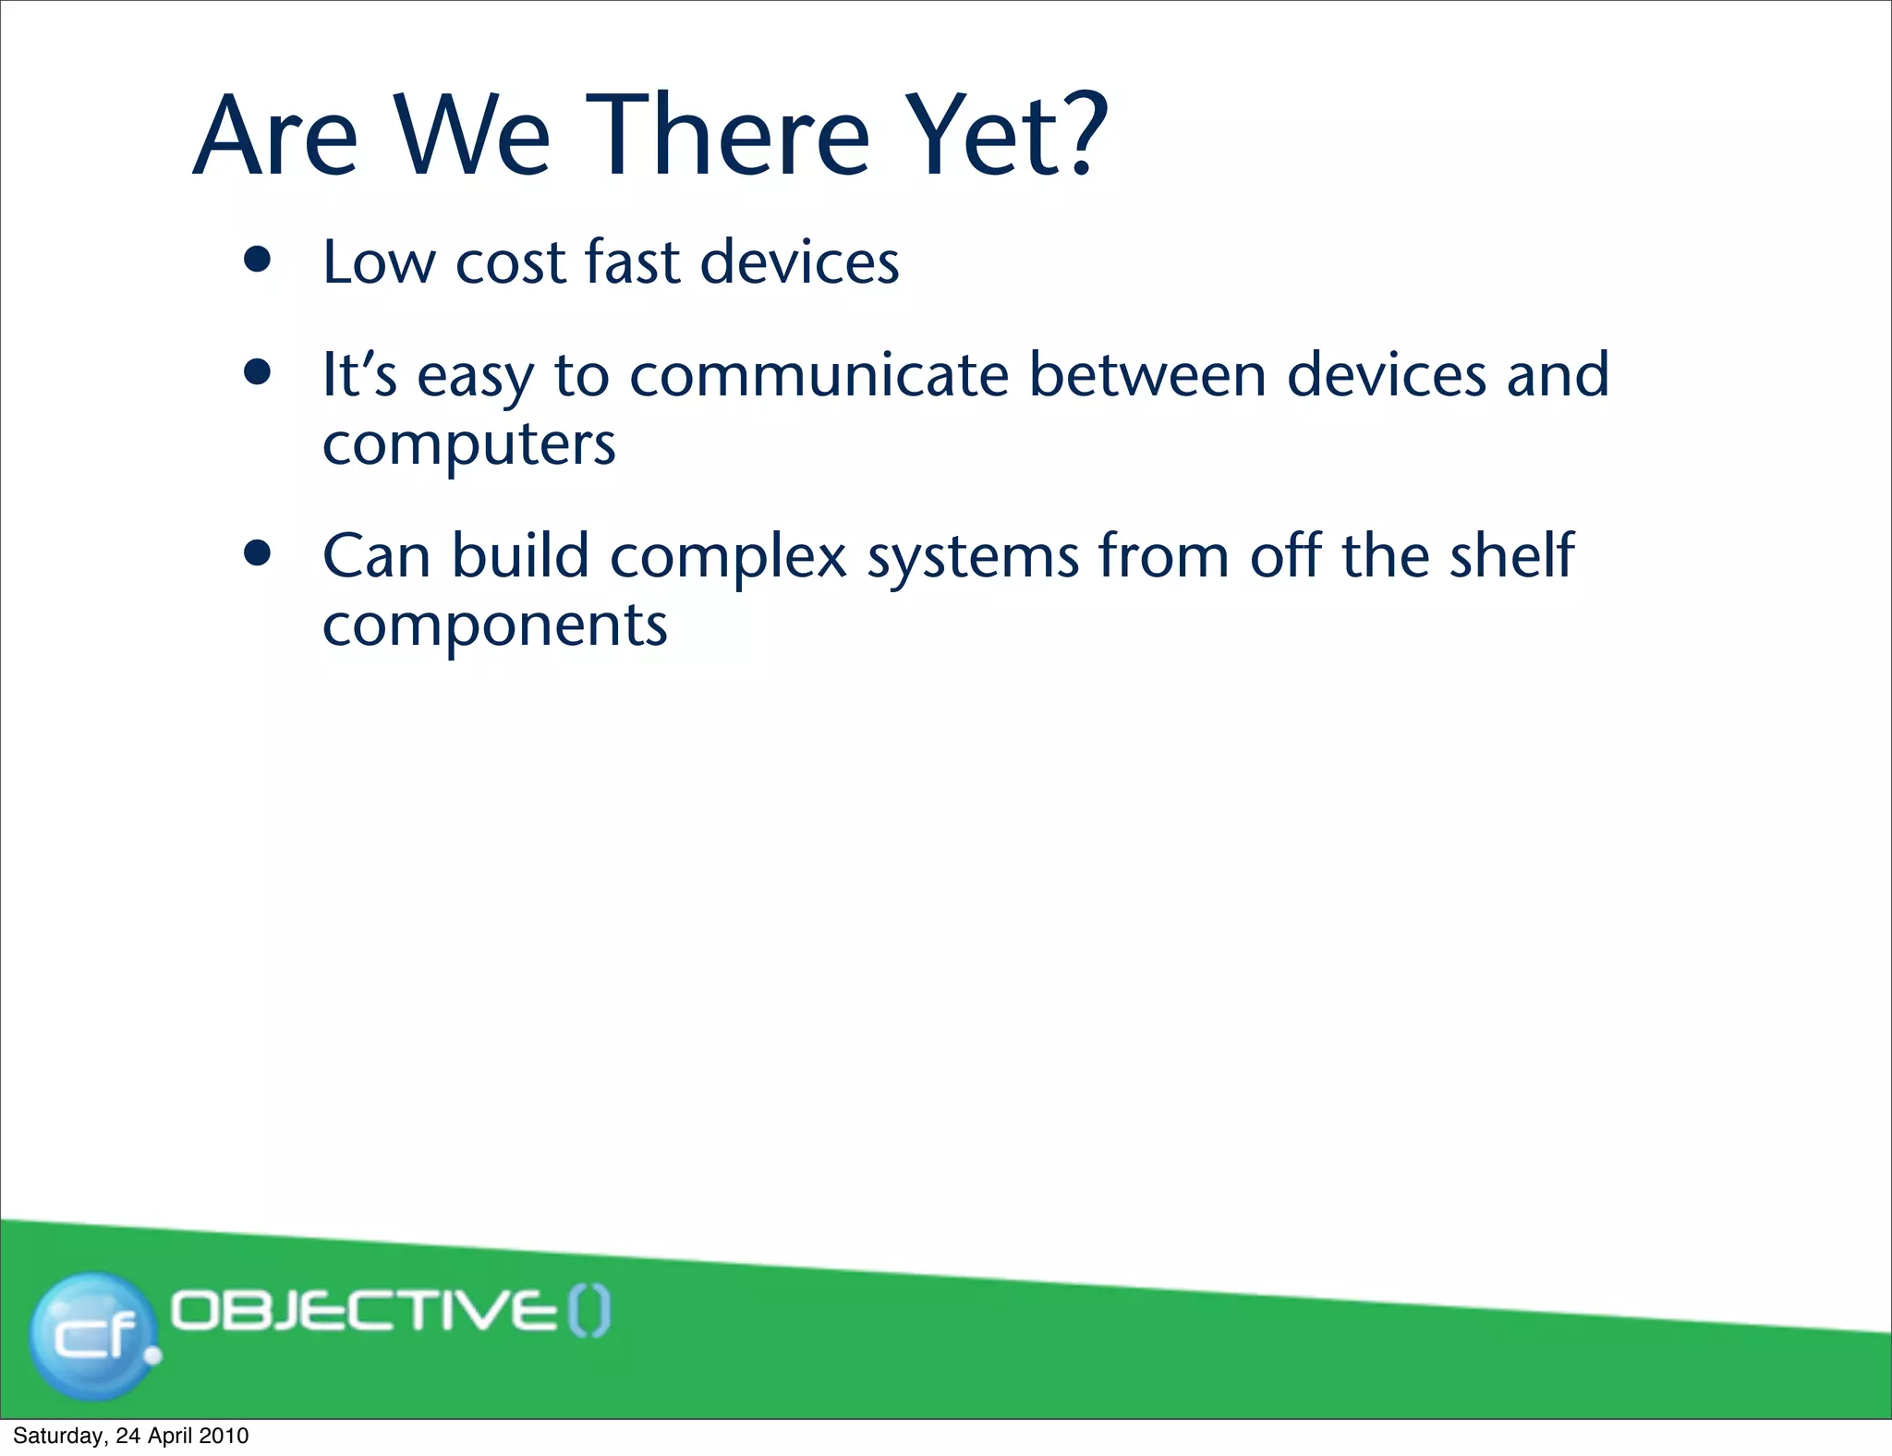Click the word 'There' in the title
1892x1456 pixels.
coord(728,135)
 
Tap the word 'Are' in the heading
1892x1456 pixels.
coord(274,135)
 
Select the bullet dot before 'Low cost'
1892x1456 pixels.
coord(258,261)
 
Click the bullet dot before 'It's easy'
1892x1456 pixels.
coord(258,373)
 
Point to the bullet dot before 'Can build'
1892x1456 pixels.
coord(258,553)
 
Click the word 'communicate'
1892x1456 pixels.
coord(819,375)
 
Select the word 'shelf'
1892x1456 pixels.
coord(1511,555)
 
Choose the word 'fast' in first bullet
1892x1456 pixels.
coord(633,261)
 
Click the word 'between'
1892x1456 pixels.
coord(1146,375)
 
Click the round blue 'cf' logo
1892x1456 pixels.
coord(92,1334)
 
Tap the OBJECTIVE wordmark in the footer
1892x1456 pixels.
coord(365,1311)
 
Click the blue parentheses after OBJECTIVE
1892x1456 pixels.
coord(589,1312)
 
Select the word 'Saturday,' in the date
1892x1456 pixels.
coord(60,1436)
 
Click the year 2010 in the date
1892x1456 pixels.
coord(224,1436)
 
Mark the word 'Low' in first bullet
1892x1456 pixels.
coord(378,261)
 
